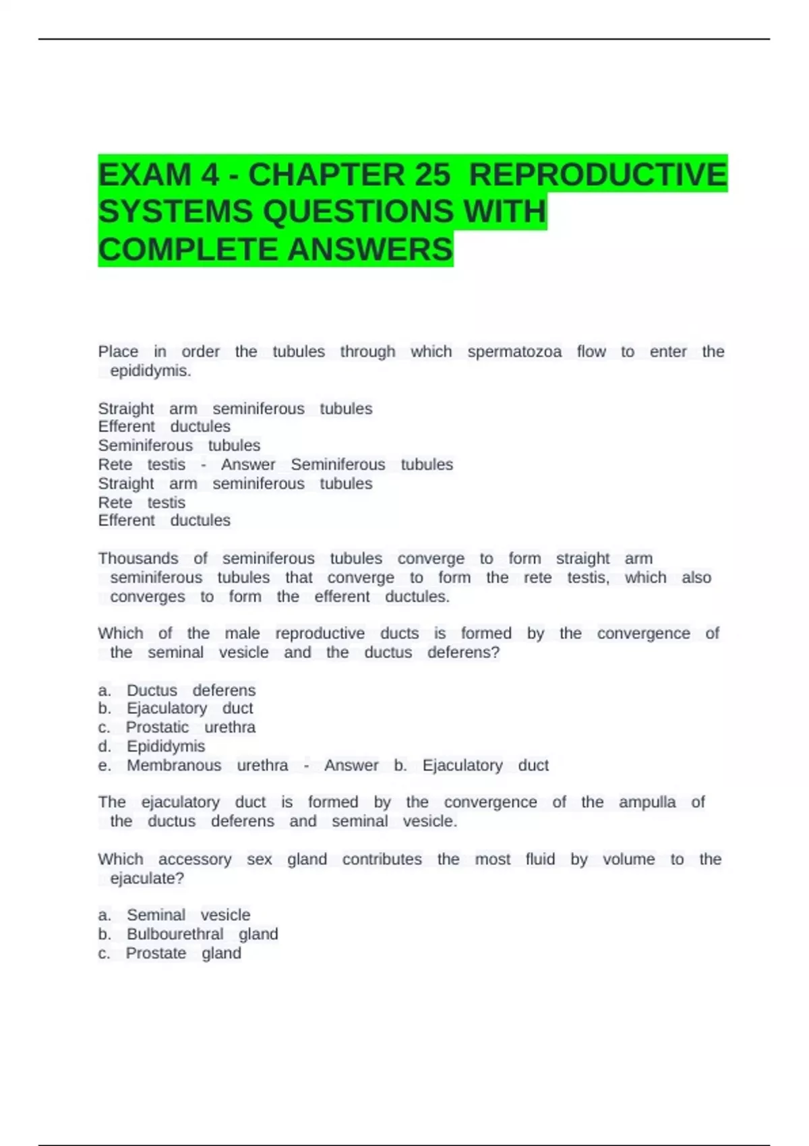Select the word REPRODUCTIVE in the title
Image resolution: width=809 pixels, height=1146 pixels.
(x=597, y=175)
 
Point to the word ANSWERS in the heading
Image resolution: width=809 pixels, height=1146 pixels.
(x=370, y=249)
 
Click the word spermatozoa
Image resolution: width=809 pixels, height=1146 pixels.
(x=514, y=352)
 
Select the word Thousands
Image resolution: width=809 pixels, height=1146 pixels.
(x=138, y=559)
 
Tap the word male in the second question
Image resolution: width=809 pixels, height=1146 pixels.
(x=242, y=634)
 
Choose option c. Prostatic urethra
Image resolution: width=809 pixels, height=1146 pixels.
(x=190, y=727)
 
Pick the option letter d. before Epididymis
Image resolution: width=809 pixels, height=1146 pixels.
(x=104, y=746)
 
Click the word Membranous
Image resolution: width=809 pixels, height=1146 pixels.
(x=174, y=766)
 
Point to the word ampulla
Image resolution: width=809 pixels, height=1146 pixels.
(x=647, y=802)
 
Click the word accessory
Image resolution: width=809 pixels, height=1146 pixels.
(x=195, y=859)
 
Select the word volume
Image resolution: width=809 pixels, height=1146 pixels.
(x=628, y=859)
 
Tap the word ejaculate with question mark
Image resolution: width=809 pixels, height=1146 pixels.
(x=147, y=878)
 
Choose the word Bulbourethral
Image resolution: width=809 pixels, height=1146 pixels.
(x=175, y=934)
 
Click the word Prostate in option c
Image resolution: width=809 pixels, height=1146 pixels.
(x=156, y=953)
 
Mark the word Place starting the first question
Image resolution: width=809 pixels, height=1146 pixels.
(x=118, y=352)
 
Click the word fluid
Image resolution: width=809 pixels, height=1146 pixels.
(x=540, y=859)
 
